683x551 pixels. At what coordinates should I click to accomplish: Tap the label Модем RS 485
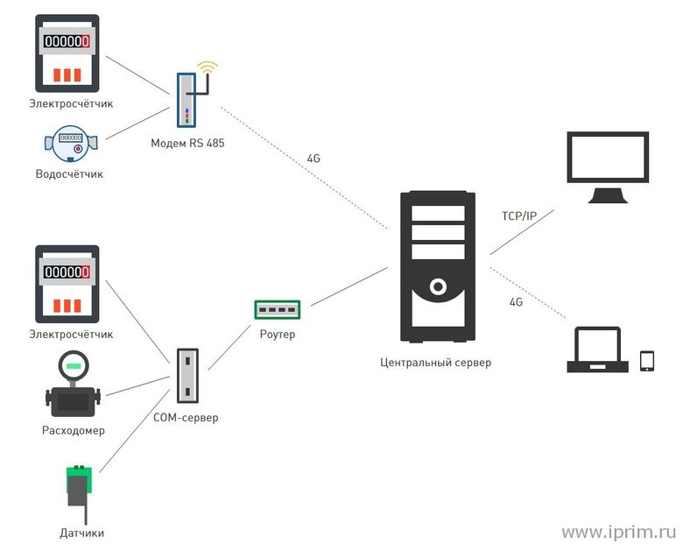[x=187, y=143]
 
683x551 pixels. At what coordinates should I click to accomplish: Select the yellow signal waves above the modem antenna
[x=207, y=67]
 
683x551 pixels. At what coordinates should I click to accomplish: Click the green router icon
[x=277, y=309]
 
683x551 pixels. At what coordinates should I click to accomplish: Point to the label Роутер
[x=278, y=335]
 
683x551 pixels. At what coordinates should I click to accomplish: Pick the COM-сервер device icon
[x=187, y=376]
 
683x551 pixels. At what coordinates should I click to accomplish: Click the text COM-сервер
[x=187, y=418]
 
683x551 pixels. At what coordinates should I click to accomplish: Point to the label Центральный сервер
[x=435, y=362]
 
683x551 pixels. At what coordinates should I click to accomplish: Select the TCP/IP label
[x=519, y=215]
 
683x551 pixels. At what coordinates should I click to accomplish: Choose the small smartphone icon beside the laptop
[x=647, y=360]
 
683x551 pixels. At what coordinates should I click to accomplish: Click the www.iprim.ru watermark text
[x=619, y=532]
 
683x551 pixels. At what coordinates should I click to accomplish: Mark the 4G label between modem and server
[x=313, y=159]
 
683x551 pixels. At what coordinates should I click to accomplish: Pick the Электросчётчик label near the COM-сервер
[x=71, y=334]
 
